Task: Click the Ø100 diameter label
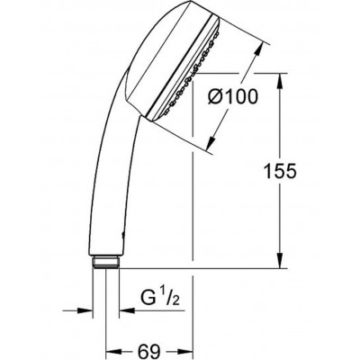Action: [233, 96]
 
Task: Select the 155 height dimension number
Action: [280, 171]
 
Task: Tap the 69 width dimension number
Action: [148, 350]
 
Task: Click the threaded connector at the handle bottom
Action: [106, 262]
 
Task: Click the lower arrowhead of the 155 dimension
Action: [280, 260]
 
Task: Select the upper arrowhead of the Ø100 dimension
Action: [258, 50]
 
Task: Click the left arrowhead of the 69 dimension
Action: [114, 351]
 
